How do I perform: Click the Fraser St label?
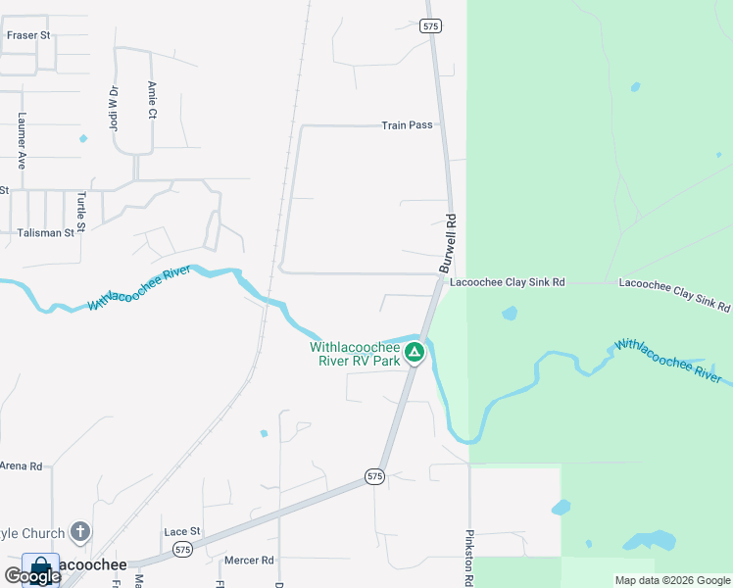pyautogui.click(x=27, y=35)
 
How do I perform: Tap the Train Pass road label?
pyautogui.click(x=407, y=125)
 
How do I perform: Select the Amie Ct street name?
pyautogui.click(x=152, y=99)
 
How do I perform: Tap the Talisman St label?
pyautogui.click(x=46, y=233)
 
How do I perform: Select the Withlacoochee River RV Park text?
pyautogui.click(x=355, y=354)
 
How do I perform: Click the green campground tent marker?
pyautogui.click(x=415, y=352)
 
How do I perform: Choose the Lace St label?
pyautogui.click(x=182, y=531)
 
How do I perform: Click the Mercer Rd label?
pyautogui.click(x=249, y=561)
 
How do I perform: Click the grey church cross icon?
pyautogui.click(x=80, y=532)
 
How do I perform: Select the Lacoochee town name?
pyautogui.click(x=92, y=565)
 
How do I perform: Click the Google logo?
pyautogui.click(x=31, y=576)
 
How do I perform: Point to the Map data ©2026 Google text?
pyautogui.click(x=671, y=580)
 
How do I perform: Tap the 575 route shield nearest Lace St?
pyautogui.click(x=182, y=551)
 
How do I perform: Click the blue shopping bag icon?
pyautogui.click(x=40, y=566)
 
